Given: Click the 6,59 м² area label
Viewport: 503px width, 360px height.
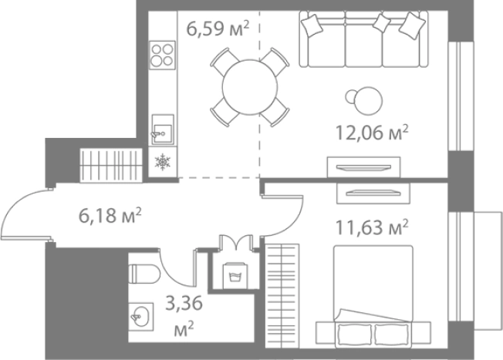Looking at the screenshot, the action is coord(218,29).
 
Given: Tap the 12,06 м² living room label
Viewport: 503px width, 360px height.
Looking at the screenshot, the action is coord(372,133).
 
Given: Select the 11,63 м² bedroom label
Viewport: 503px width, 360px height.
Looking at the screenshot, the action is coord(372,227).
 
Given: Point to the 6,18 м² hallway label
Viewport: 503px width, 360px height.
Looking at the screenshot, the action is coord(110,215).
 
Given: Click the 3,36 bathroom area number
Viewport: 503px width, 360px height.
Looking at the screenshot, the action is coord(184,303).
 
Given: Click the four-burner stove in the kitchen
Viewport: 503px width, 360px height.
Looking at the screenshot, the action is coord(162,56).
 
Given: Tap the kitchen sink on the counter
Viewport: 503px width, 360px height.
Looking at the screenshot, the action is coord(163,130).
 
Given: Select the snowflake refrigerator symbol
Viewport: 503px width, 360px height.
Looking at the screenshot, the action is coord(163,162).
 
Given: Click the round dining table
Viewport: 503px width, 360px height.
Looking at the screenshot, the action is coord(250,87).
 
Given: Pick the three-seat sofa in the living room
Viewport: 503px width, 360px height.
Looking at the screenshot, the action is coord(364,39).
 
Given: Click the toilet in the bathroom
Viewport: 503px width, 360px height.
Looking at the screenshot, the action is coord(144,274).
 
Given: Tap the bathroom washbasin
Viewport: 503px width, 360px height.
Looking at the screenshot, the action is coord(141,317).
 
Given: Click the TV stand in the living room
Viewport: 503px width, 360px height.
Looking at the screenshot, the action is coord(364,167).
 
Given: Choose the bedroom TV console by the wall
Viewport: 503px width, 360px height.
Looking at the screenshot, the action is coord(373,193).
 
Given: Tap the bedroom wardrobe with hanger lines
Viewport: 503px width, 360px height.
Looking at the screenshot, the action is coord(282,296).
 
